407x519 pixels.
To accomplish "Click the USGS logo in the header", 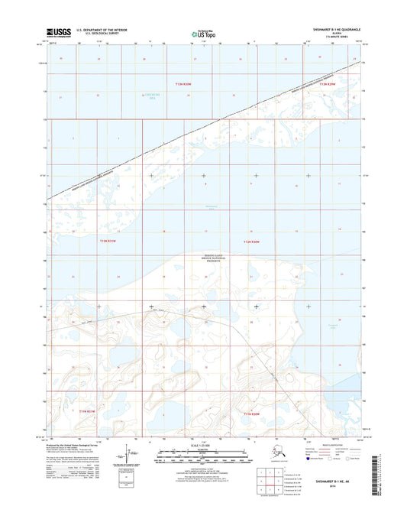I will (60, 33).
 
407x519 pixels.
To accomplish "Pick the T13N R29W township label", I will (328, 85).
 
